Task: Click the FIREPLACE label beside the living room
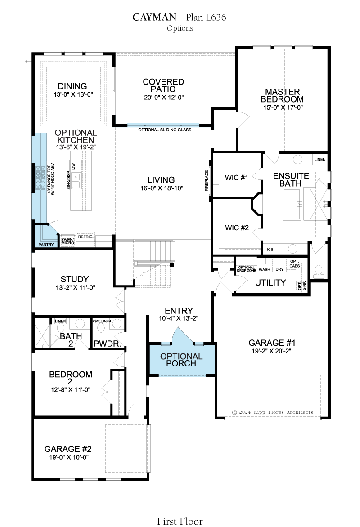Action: point(207,181)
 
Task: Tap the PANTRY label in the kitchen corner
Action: point(46,244)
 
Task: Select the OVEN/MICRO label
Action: point(67,241)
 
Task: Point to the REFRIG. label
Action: point(86,237)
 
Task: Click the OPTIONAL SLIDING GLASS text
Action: point(165,130)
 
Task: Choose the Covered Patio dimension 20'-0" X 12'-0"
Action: point(164,98)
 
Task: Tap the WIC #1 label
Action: point(237,178)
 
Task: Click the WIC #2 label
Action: point(237,228)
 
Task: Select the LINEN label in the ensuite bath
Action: point(320,159)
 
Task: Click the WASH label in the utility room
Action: point(265,269)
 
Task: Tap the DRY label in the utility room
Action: point(279,269)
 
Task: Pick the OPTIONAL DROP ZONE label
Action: point(247,269)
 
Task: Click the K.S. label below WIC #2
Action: point(270,250)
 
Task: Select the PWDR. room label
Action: point(108,344)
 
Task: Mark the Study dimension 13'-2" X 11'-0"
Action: point(76,288)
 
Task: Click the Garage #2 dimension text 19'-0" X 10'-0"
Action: point(69,457)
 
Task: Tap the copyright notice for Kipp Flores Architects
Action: point(273,412)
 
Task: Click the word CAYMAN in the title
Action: point(154,17)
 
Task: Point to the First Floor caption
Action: point(180,521)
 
